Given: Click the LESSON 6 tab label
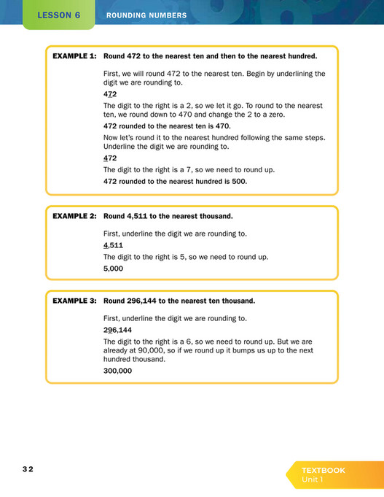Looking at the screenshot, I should [59, 15].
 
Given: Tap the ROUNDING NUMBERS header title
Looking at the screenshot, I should [146, 15].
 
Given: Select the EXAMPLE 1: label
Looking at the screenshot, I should [74, 55].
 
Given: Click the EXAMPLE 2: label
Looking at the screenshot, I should [74, 216].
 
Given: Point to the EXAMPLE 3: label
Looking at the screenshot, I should [74, 300].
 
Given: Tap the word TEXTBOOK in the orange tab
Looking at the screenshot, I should [324, 470].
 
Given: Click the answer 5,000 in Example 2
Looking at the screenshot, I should [114, 268].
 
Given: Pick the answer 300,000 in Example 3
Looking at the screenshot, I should [118, 370].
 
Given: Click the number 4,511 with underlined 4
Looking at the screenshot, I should [114, 245].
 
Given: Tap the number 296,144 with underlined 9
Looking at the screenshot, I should [118, 329].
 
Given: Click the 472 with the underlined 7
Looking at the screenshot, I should [111, 94].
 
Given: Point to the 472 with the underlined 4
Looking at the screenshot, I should [111, 158].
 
